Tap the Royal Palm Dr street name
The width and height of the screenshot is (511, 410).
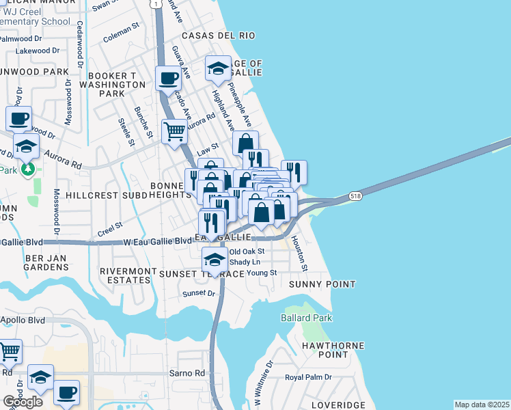click(x=308, y=377)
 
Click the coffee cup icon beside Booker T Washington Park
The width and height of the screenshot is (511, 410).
click(x=167, y=77)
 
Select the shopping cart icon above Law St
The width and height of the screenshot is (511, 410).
click(x=174, y=130)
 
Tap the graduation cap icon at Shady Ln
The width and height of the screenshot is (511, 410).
click(x=215, y=260)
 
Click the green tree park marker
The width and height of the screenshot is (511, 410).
click(x=27, y=167)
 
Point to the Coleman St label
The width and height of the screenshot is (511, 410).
click(x=121, y=32)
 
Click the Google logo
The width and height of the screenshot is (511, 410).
click(x=23, y=401)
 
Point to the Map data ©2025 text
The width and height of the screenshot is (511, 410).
click(x=482, y=405)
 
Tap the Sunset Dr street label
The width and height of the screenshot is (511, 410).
click(x=198, y=294)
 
